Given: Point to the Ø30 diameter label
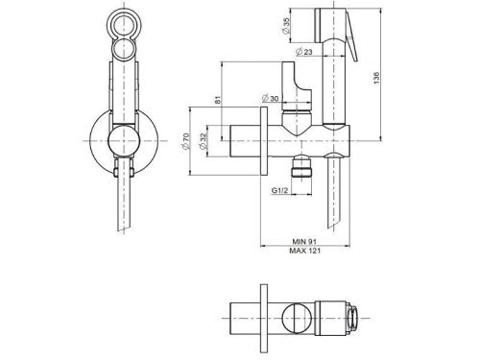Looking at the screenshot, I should (x=271, y=99).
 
